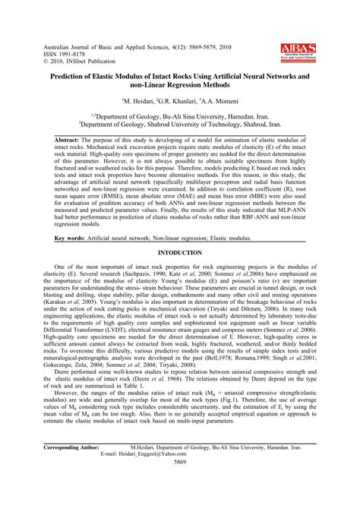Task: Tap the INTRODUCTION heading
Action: click(x=180, y=251)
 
